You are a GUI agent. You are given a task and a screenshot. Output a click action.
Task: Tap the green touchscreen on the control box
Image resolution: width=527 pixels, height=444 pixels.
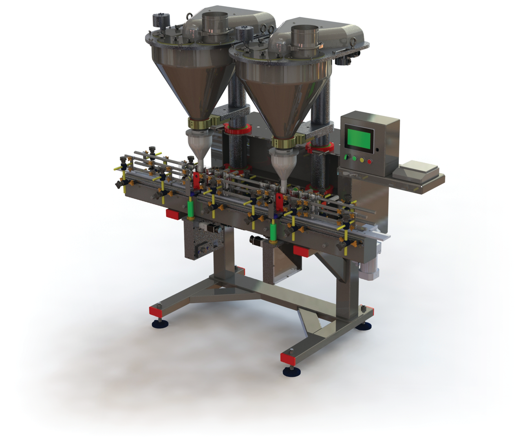(x=359, y=139)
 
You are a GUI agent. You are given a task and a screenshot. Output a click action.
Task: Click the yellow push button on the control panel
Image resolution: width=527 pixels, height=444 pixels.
(x=362, y=160)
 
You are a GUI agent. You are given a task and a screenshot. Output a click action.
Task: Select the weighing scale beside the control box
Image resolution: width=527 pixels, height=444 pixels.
(x=417, y=170)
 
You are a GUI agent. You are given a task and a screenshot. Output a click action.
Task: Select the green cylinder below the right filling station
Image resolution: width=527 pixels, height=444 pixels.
(x=273, y=232)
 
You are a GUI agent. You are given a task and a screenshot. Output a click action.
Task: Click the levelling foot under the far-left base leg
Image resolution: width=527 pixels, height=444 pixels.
(x=159, y=323)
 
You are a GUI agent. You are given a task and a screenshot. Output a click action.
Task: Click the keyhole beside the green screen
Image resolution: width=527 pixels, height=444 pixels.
(x=377, y=149)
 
